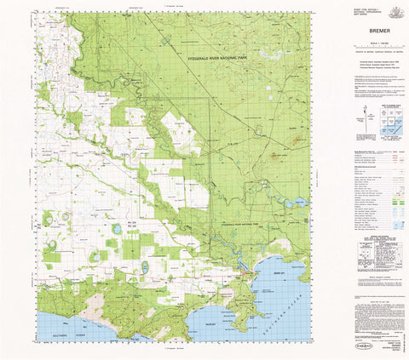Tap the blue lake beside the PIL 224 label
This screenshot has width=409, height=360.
tap(116, 228)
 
